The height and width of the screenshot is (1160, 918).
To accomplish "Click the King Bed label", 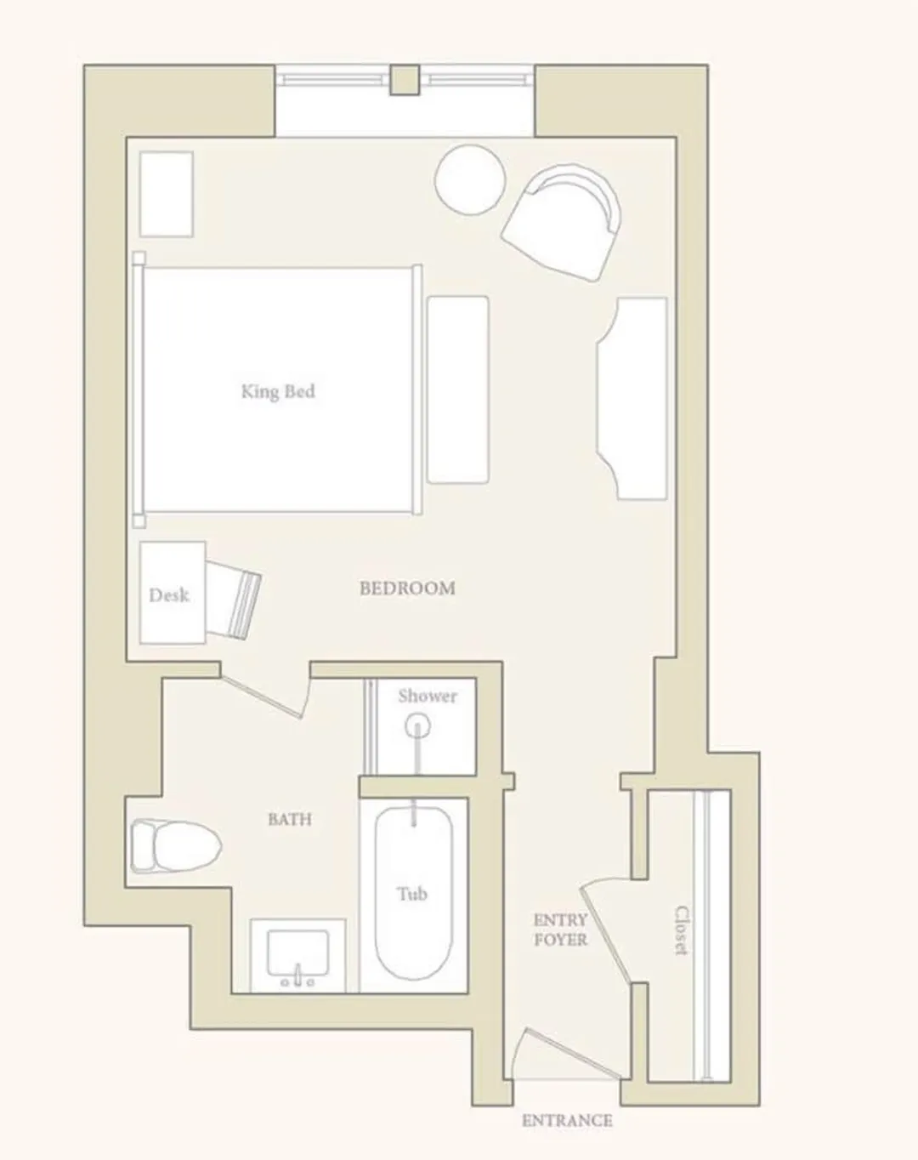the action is tap(278, 391).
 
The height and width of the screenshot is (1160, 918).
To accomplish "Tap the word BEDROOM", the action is tap(407, 589).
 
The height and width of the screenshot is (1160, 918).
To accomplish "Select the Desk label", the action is tap(169, 595).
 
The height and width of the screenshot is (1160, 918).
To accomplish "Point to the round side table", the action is tap(470, 180).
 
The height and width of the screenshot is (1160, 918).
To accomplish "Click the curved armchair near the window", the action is tap(563, 221).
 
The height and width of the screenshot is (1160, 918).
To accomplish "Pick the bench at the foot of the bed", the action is tap(458, 390).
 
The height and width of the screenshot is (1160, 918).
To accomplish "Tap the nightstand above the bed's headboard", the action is tap(167, 194).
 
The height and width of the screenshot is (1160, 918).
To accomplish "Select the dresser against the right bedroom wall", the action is tap(632, 398).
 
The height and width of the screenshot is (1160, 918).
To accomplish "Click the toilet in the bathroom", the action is tap(176, 845).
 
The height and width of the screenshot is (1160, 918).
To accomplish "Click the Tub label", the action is tap(412, 895).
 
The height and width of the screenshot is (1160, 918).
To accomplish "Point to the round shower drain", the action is tap(417, 725).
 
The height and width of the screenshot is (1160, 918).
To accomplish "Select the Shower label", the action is tap(428, 696).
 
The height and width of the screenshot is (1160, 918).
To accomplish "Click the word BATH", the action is tap(290, 819).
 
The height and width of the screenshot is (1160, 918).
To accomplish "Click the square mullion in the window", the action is tap(405, 80).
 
